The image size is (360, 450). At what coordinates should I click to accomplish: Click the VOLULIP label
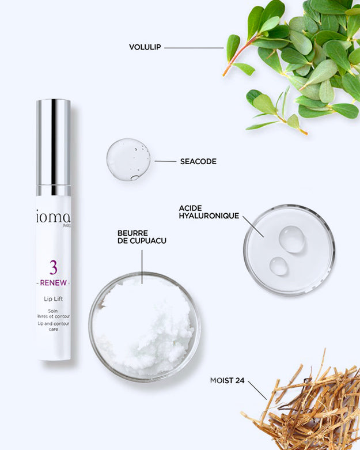coord(145,47)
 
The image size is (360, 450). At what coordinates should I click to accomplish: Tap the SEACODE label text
coord(198,161)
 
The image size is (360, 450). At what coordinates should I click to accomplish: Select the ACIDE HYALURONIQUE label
coord(209,212)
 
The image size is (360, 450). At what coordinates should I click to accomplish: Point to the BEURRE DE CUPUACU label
coord(142,237)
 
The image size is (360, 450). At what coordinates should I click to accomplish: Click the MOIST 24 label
coord(227,380)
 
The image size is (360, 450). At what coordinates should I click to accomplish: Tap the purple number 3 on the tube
coord(54,267)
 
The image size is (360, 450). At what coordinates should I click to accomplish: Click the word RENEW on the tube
coord(54,283)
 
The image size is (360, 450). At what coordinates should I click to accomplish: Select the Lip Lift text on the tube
coord(54,299)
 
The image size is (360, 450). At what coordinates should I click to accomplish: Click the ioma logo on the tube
coord(54,218)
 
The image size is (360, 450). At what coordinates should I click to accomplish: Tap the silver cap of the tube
coord(54,147)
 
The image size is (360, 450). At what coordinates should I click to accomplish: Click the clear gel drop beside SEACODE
coord(128,159)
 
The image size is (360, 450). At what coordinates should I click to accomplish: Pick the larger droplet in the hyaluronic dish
coord(291,239)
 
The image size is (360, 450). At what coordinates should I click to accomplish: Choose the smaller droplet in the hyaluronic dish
coord(279,266)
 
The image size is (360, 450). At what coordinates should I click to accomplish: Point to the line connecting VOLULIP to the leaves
coord(194,48)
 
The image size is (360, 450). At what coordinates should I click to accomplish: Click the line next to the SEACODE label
coord(165,161)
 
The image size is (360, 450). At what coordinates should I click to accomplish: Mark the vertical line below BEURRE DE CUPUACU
coord(142,267)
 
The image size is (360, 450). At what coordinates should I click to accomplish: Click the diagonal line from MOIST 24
coord(257,390)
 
